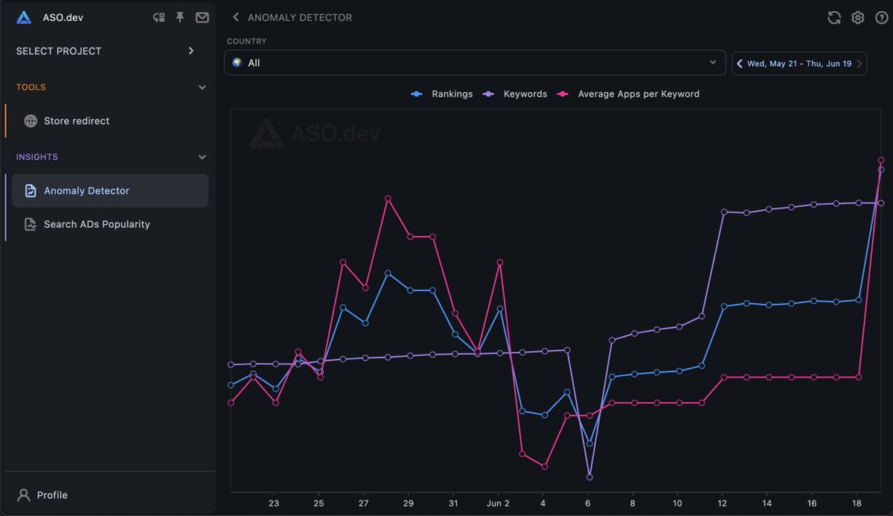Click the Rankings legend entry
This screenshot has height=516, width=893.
[442, 94]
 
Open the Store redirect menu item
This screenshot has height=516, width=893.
[76, 121]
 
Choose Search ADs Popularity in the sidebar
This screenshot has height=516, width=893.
[97, 224]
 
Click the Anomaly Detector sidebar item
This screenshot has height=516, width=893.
[86, 191]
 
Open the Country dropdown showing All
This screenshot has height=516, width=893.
[474, 63]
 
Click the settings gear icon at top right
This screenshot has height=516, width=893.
[858, 17]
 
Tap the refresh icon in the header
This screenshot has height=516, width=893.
[834, 17]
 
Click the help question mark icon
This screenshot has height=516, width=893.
[882, 17]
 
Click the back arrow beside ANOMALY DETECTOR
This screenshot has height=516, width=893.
[236, 17]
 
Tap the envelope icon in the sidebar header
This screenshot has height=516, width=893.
[202, 17]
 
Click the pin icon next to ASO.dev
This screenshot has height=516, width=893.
[179, 17]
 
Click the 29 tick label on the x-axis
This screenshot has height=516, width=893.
[409, 503]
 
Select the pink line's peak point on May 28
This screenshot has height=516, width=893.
[388, 198]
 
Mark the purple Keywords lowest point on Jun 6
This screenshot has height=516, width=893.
[589, 477]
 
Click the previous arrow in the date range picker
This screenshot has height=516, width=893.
[740, 63]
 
